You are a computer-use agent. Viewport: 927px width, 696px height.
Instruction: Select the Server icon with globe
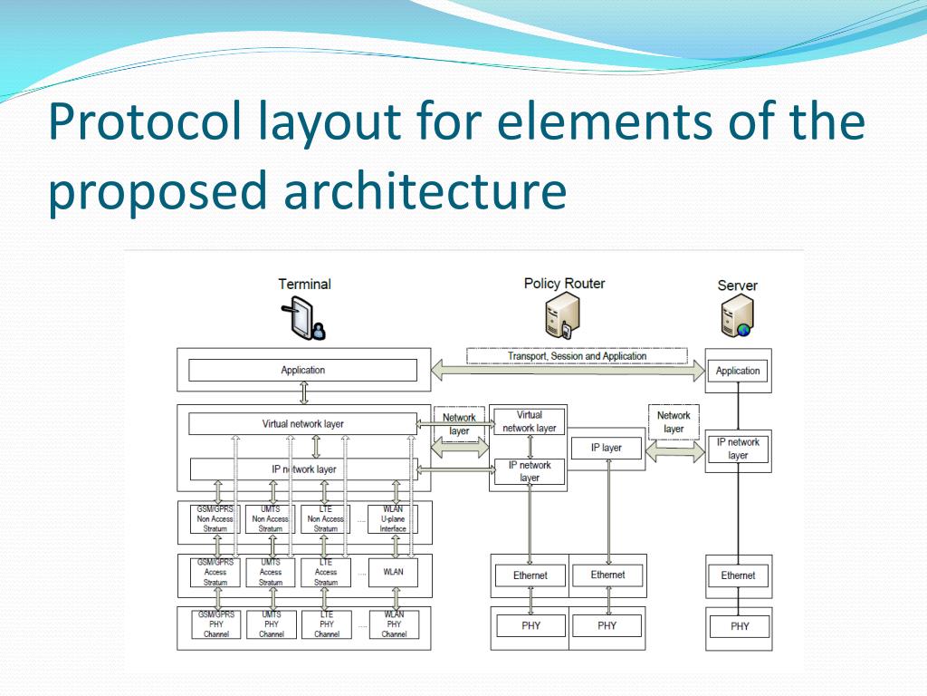pyautogui.click(x=737, y=318)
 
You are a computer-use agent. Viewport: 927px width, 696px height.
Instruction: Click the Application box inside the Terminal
pyautogui.click(x=302, y=370)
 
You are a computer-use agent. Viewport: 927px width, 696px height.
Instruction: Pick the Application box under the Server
pyautogui.click(x=738, y=371)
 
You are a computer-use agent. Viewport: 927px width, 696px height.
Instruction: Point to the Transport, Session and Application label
pyautogui.click(x=577, y=356)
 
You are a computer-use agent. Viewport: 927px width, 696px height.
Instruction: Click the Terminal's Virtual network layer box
pyautogui.click(x=302, y=423)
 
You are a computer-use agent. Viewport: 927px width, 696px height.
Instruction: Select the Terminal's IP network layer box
pyautogui.click(x=302, y=469)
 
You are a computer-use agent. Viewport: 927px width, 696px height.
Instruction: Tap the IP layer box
pyautogui.click(x=607, y=448)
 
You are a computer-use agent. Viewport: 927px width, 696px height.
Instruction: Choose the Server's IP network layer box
pyautogui.click(x=738, y=449)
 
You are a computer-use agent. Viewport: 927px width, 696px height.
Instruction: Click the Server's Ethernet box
pyautogui.click(x=738, y=575)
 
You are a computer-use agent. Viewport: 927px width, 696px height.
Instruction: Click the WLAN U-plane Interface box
pyautogui.click(x=394, y=519)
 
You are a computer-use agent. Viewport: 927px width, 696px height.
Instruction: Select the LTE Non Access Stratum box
pyautogui.click(x=326, y=519)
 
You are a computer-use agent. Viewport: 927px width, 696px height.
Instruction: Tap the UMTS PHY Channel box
pyautogui.click(x=271, y=624)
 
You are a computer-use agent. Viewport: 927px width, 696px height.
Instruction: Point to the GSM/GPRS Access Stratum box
pyautogui.click(x=215, y=572)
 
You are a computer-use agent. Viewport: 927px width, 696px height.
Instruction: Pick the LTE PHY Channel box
pyautogui.click(x=327, y=624)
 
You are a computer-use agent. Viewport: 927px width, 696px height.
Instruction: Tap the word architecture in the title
pyautogui.click(x=425, y=190)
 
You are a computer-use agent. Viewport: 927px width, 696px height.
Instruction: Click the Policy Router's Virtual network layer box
pyautogui.click(x=530, y=421)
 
